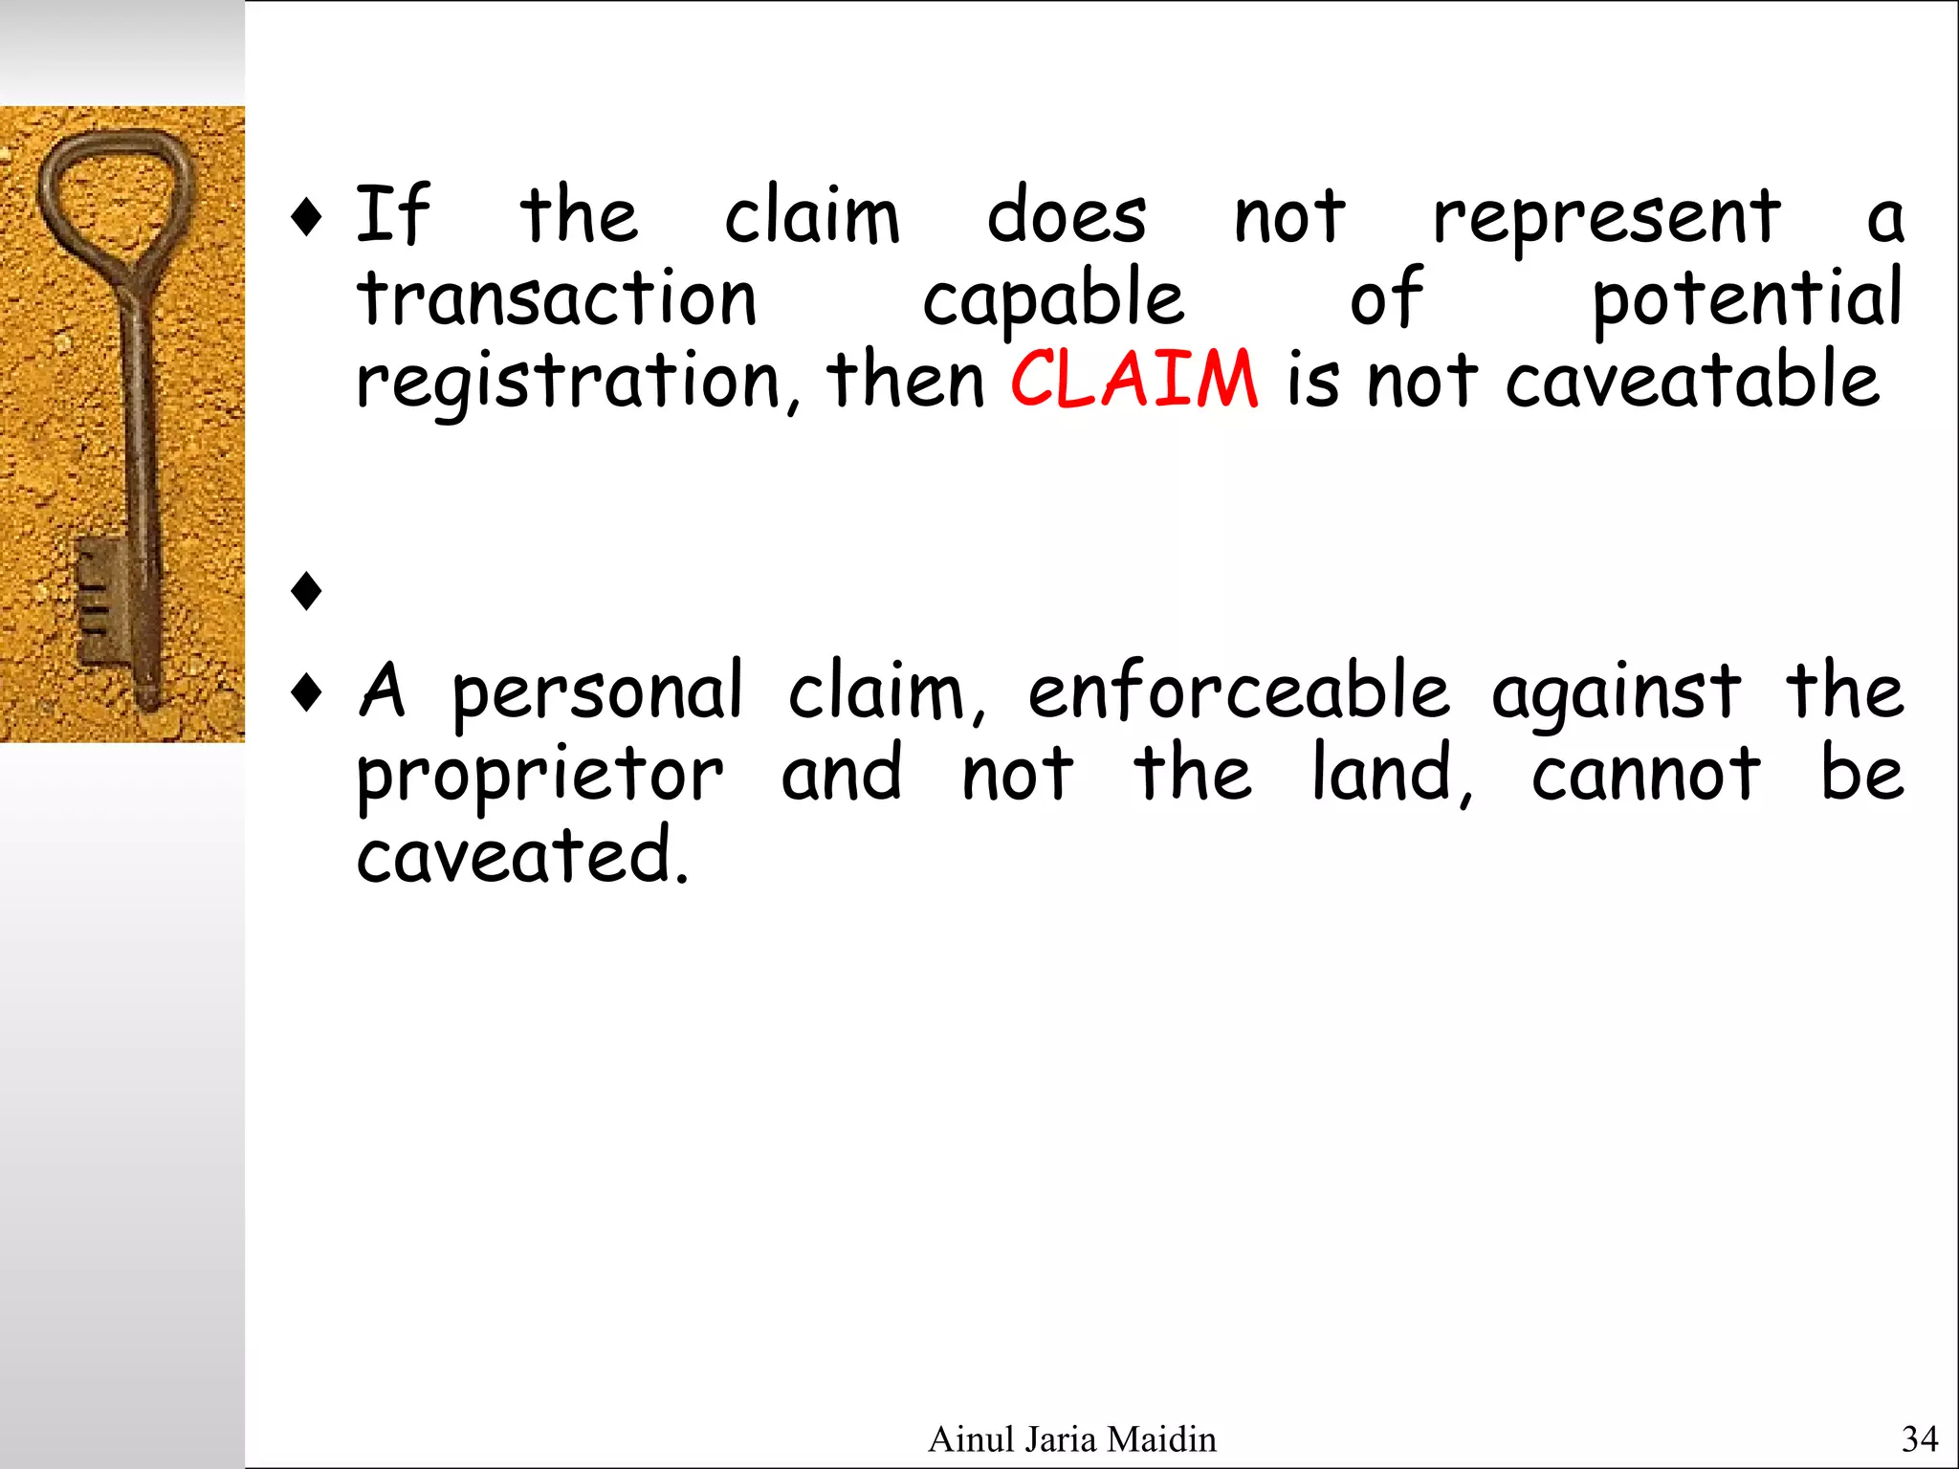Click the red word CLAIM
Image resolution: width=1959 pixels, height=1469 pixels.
tap(1134, 380)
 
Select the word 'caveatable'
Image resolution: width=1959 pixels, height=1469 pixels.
tap(1692, 381)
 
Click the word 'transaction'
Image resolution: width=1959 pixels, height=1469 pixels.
tap(558, 298)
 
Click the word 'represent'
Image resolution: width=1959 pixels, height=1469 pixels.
tap(1607, 218)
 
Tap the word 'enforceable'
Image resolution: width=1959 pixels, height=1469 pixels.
tap(1239, 692)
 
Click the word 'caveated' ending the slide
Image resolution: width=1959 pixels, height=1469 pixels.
tap(521, 856)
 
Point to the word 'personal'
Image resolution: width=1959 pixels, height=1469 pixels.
tap(597, 692)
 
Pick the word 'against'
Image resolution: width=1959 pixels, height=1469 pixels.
tap(1617, 692)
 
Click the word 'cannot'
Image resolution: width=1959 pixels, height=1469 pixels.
tap(1645, 775)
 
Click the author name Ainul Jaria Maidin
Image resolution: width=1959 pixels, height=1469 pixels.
tap(1072, 1438)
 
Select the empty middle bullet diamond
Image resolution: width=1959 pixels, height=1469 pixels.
tap(306, 590)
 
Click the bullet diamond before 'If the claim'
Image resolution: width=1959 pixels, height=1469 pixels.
tap(306, 217)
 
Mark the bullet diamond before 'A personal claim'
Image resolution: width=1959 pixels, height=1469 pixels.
tap(306, 692)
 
